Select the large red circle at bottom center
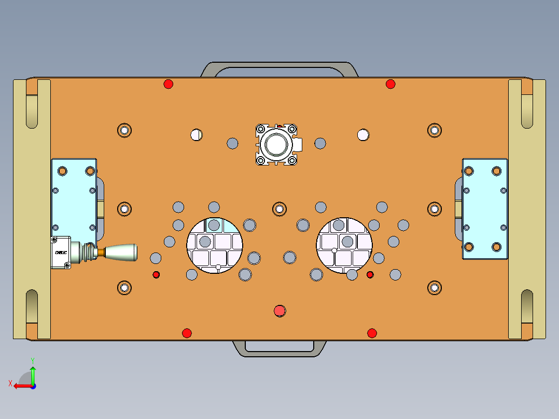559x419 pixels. pyautogui.click(x=280, y=311)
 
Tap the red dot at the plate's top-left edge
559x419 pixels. pyautogui.click(x=168, y=84)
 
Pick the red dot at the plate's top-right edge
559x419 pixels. pyautogui.click(x=390, y=84)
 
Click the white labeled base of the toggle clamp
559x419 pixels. pyautogui.click(x=61, y=252)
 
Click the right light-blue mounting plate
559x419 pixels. pyautogui.click(x=485, y=209)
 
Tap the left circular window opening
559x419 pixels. pyautogui.click(x=215, y=245)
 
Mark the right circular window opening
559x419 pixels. pyautogui.click(x=345, y=245)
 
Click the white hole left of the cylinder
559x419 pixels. pyautogui.click(x=196, y=135)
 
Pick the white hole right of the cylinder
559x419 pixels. pyautogui.click(x=363, y=135)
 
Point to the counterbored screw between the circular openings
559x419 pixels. pyautogui.click(x=279, y=209)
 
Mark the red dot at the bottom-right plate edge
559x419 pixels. pyautogui.click(x=372, y=333)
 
